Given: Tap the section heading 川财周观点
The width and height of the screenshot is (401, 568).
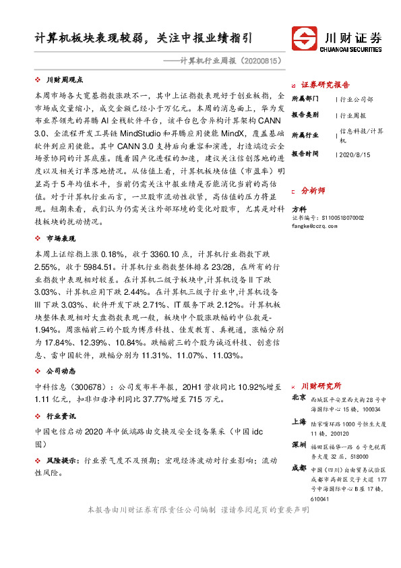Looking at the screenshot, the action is click(65, 80).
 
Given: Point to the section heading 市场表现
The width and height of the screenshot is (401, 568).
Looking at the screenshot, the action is click(61, 239).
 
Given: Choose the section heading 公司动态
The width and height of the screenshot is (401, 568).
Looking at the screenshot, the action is click(61, 372).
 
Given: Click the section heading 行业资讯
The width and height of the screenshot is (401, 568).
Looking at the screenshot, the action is click(61, 416).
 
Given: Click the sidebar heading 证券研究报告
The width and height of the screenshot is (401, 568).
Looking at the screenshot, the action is click(326, 85).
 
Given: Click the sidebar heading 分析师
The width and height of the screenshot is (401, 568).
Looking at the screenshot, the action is click(313, 191).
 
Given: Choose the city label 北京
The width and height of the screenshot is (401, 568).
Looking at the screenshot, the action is click(299, 399).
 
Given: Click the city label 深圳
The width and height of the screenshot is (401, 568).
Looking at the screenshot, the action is click(299, 446).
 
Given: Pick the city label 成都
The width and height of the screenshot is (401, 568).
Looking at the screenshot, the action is click(299, 467).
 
